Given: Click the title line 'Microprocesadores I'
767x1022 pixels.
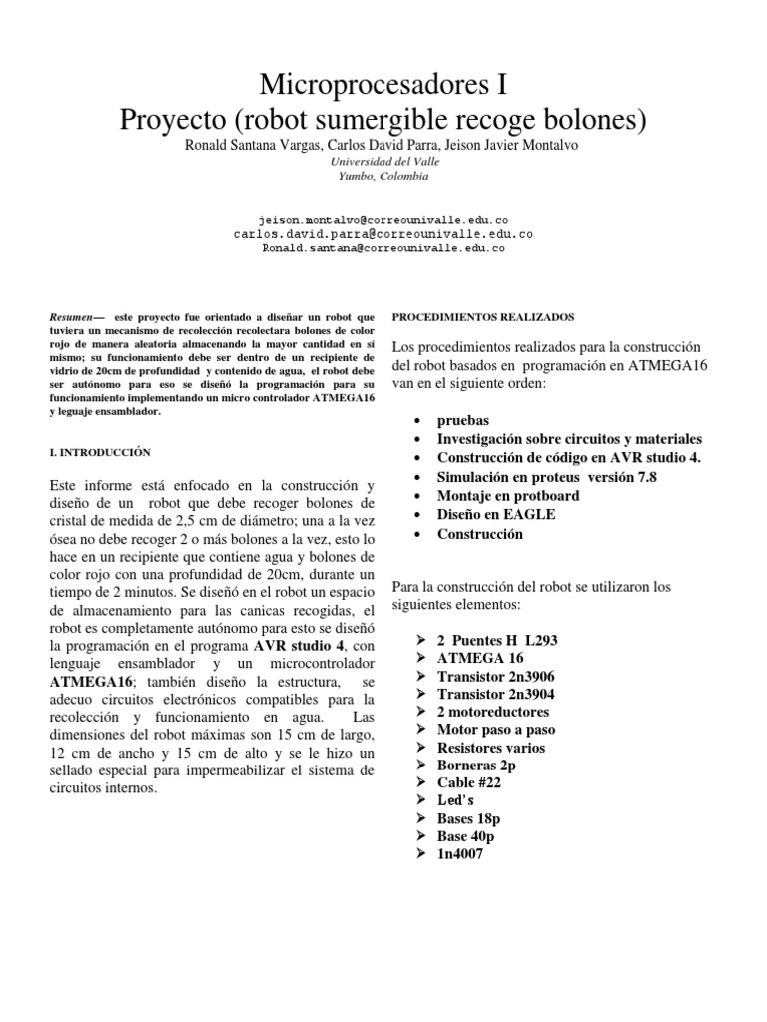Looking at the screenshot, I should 383,83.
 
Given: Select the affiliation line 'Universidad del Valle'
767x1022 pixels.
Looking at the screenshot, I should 383,161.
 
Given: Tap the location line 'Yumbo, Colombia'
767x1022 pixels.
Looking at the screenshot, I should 383,176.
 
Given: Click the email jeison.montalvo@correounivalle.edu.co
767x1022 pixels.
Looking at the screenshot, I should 383,217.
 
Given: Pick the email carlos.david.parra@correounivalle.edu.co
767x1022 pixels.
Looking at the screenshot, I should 383,232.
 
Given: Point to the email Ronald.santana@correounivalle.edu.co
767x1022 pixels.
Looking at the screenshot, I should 383,247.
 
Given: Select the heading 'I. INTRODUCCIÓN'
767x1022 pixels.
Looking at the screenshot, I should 100,452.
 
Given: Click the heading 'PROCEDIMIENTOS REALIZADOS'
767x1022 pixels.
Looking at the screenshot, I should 482,316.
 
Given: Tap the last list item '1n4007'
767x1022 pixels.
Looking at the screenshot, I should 460,854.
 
